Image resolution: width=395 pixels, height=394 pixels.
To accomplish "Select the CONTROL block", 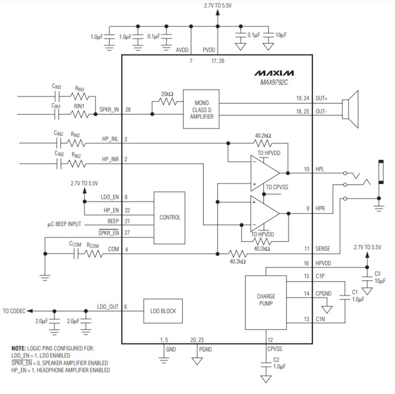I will coord(170,217).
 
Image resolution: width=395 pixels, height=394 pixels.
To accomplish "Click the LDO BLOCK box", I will coord(163,311).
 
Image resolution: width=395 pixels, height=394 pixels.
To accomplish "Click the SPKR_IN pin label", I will coord(109,109).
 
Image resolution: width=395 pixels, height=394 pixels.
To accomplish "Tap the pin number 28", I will coord(129,109).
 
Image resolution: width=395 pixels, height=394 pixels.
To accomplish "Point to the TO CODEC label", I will coord(13,311).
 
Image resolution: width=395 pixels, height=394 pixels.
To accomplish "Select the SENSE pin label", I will coord(322,248).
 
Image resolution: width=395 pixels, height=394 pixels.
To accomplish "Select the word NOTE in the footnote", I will coord(19,349).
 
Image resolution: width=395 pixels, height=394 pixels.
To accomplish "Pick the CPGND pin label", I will coord(324,294).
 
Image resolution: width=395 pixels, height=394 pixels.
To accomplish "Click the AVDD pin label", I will coord(182,50).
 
